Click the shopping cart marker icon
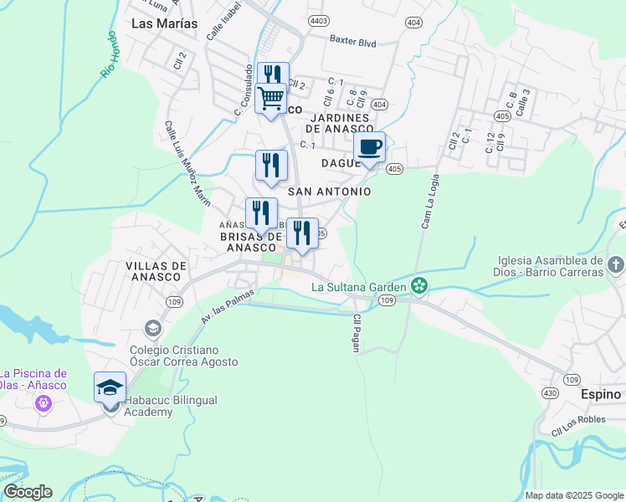tap(270, 99)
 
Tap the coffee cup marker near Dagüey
tap(369, 148)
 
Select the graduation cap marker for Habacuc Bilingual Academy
tap(110, 388)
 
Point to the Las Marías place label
tap(165, 23)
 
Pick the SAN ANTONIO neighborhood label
tap(329, 192)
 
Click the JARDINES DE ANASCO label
tap(339, 122)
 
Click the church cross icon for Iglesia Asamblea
tap(615, 266)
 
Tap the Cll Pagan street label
tap(357, 333)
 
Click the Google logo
tap(28, 492)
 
